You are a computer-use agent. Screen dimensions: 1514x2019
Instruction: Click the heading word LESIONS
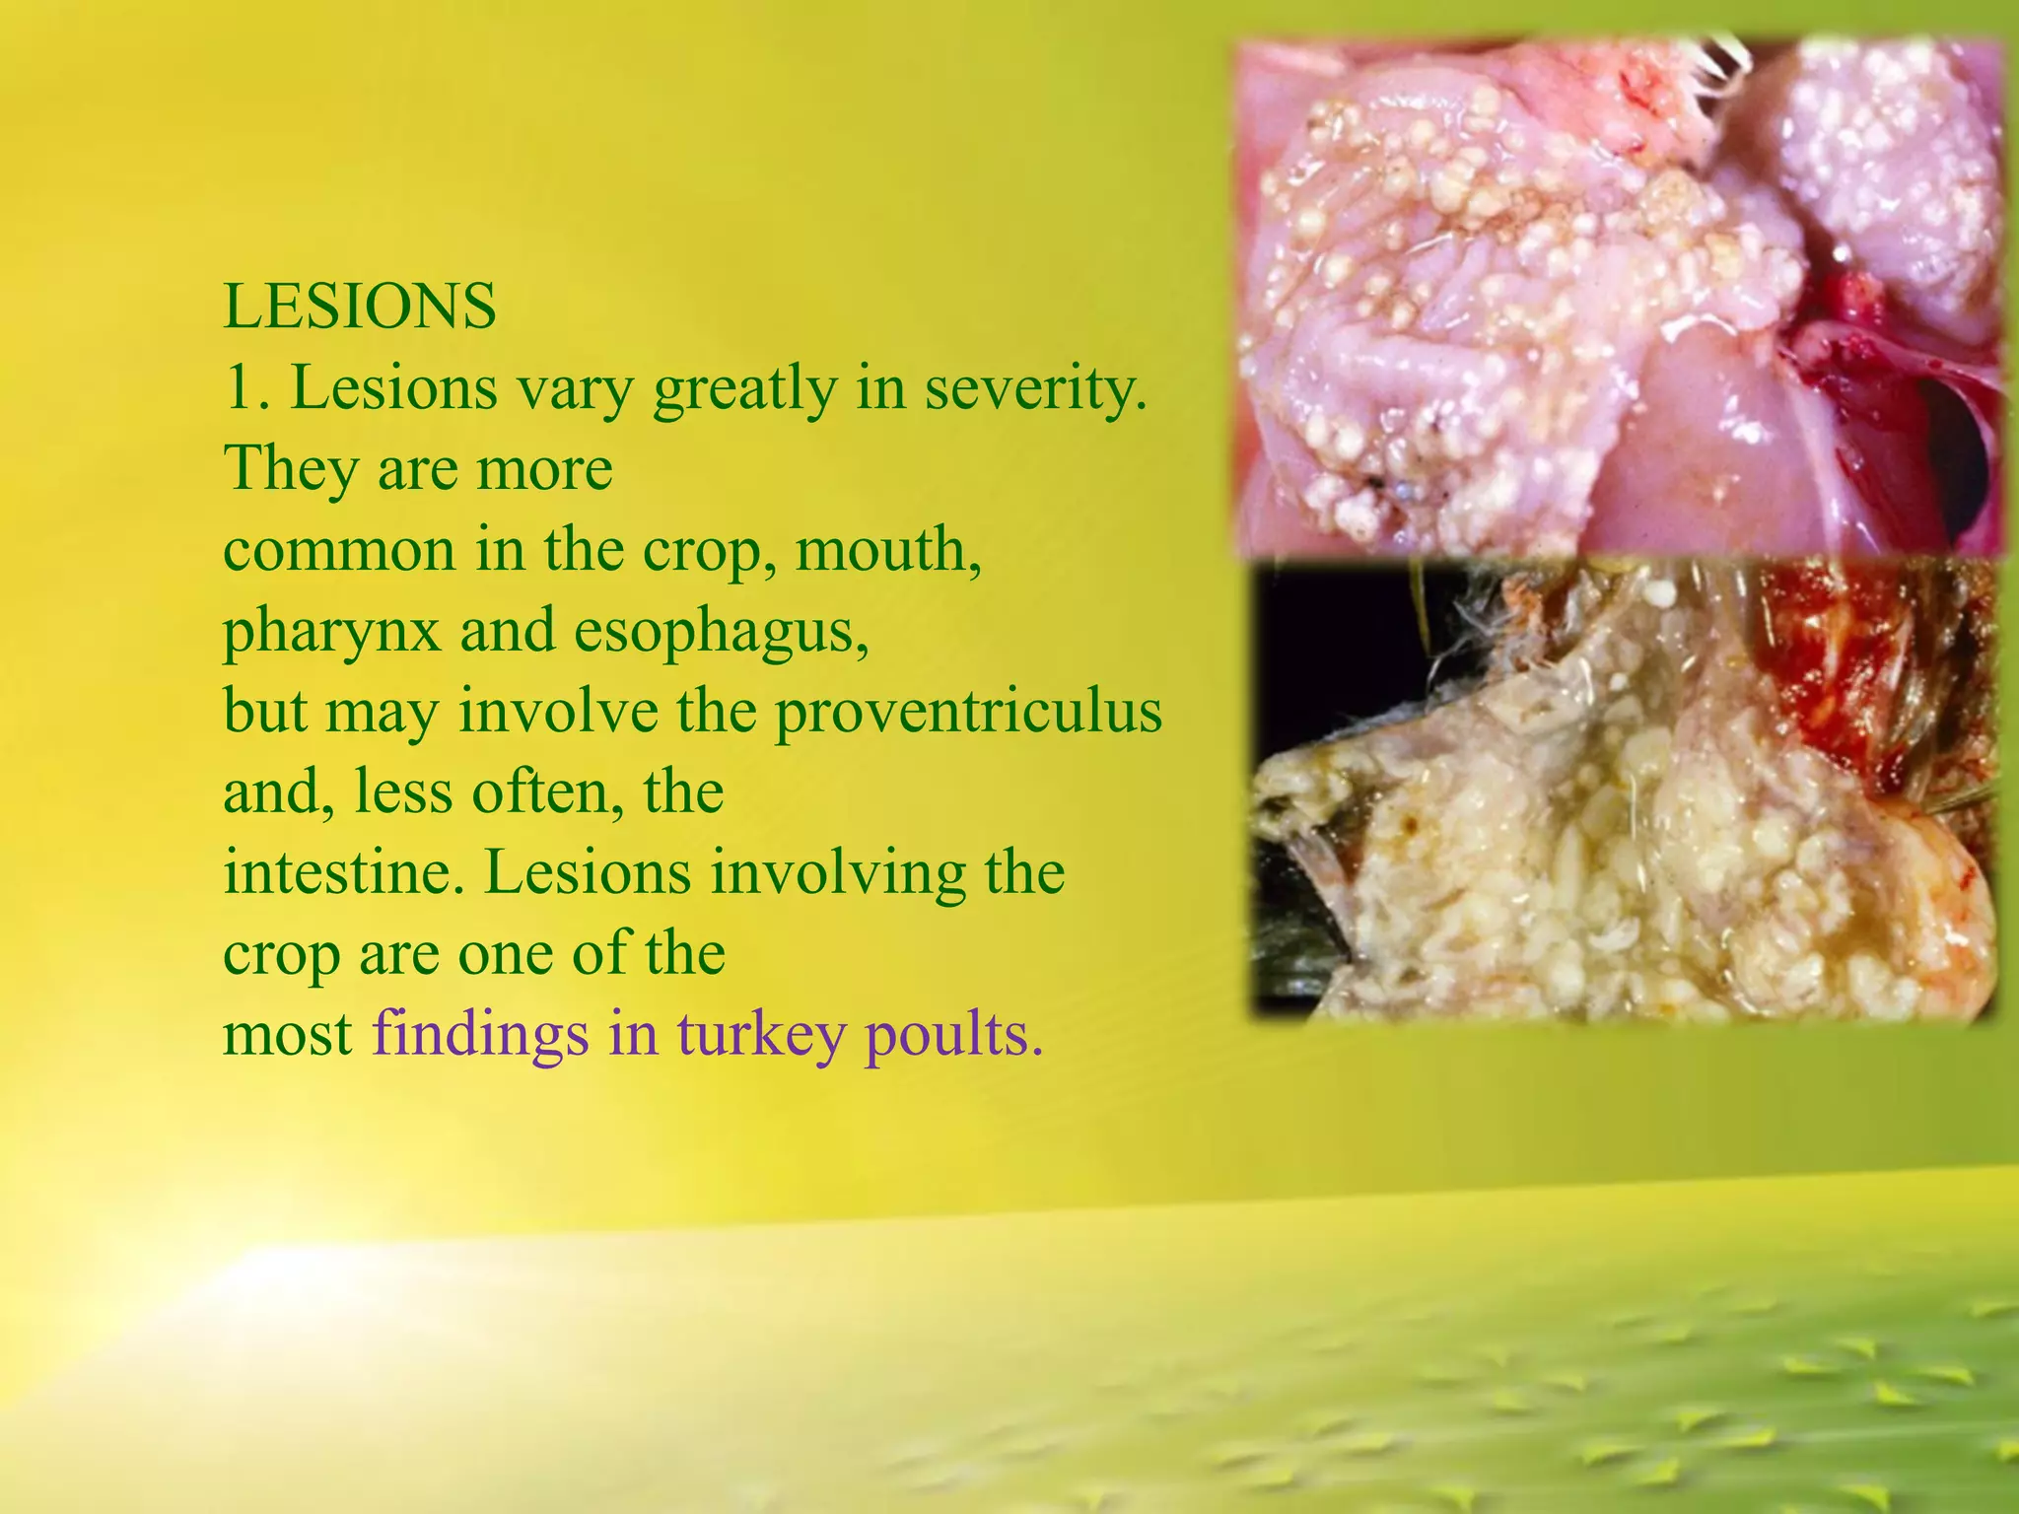tap(360, 307)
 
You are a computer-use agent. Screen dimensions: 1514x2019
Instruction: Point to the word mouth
tap(887, 549)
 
